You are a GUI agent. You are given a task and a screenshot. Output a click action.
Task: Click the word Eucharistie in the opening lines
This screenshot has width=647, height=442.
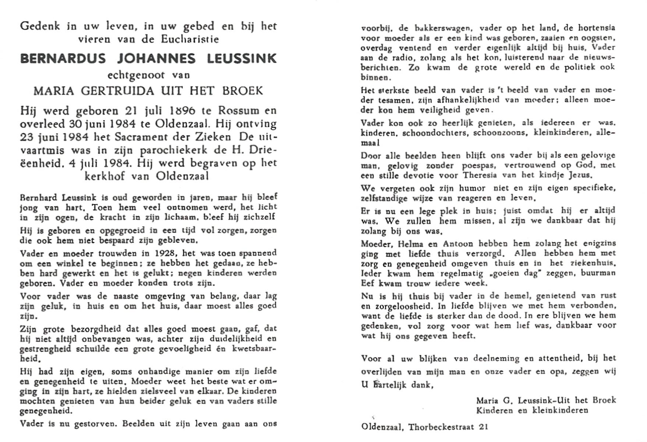pos(190,39)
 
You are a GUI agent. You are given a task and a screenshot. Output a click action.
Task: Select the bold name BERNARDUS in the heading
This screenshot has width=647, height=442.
pos(63,58)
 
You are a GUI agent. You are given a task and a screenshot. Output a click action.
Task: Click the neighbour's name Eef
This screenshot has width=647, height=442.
pos(368,283)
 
